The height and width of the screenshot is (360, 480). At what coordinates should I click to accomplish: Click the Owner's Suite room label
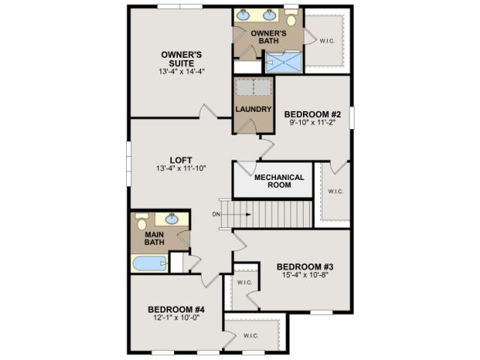pyautogui.click(x=181, y=59)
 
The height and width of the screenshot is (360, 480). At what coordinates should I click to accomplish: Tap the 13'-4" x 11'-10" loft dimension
pyautogui.click(x=181, y=168)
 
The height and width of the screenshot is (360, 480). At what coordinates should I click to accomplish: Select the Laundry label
pyautogui.click(x=253, y=109)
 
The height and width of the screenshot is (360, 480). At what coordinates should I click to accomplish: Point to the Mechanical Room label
pyautogui.click(x=279, y=181)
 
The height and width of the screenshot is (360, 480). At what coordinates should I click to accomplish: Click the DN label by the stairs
pyautogui.click(x=216, y=214)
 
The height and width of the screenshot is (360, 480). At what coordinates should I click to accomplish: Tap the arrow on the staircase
pyautogui.click(x=239, y=214)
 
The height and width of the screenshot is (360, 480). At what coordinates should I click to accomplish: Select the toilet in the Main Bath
pyautogui.click(x=142, y=221)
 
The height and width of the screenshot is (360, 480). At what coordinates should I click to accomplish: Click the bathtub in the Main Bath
pyautogui.click(x=150, y=263)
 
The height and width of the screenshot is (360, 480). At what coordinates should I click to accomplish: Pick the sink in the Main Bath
pyautogui.click(x=172, y=219)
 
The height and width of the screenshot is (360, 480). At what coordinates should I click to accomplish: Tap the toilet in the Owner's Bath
pyautogui.click(x=291, y=17)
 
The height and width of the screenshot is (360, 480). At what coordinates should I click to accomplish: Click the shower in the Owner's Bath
pyautogui.click(x=283, y=62)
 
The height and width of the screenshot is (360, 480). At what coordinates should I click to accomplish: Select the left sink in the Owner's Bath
pyautogui.click(x=244, y=14)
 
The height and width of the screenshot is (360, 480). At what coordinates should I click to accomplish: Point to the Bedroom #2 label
pyautogui.click(x=313, y=114)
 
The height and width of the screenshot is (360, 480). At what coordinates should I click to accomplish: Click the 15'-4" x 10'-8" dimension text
pyautogui.click(x=305, y=274)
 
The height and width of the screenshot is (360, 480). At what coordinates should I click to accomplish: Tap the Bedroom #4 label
pyautogui.click(x=176, y=310)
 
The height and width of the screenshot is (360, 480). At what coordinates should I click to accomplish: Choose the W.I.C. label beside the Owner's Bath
pyautogui.click(x=327, y=40)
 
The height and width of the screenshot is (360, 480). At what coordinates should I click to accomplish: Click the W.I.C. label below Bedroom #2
pyautogui.click(x=335, y=191)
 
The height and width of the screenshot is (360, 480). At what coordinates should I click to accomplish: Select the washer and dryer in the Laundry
pyautogui.click(x=253, y=87)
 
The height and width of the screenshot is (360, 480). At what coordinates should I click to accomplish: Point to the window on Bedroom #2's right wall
pyautogui.click(x=352, y=118)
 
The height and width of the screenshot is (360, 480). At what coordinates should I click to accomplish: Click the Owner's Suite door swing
pyautogui.click(x=208, y=111)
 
